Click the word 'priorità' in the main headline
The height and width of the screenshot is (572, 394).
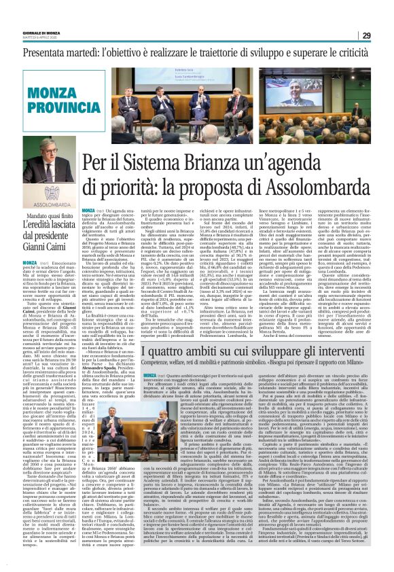pyautogui.click(x=131, y=186)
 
